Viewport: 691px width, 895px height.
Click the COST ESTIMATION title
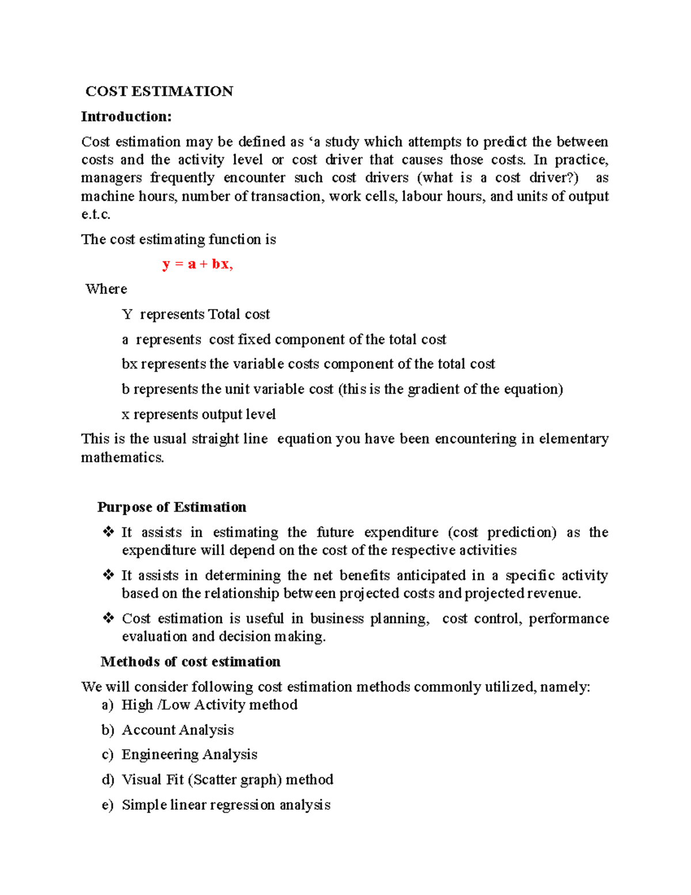coord(159,92)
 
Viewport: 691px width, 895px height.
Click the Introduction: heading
coord(126,117)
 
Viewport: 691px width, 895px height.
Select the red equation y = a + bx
coord(197,265)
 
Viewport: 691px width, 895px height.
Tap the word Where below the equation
coord(106,289)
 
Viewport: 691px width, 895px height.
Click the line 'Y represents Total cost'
coord(196,315)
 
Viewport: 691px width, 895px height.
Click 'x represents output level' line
coord(199,414)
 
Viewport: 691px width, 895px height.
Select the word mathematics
coord(122,458)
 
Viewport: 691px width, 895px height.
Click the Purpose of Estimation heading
coord(172,507)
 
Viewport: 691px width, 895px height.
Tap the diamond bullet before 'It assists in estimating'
coord(108,532)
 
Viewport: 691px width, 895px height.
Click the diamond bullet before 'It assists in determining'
coord(108,575)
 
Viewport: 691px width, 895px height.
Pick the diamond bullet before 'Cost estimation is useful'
coord(108,618)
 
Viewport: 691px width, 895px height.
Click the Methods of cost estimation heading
coord(191,662)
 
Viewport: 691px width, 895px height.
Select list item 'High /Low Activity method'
coord(209,705)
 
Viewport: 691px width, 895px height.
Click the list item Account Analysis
coord(177,730)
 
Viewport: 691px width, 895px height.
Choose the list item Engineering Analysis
coord(189,755)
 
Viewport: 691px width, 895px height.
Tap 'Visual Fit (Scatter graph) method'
coord(227,780)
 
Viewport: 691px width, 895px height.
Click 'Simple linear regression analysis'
coord(226,805)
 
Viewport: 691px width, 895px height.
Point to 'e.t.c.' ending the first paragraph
coord(96,214)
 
